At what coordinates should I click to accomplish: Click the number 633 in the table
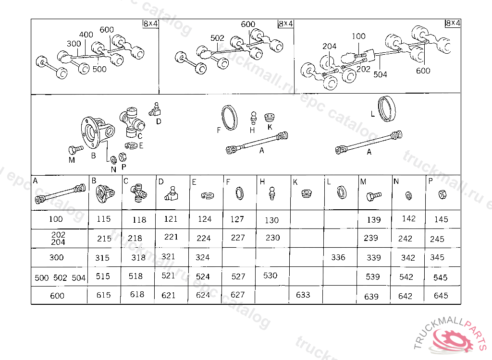coord(303,295)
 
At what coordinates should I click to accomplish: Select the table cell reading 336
coord(338,257)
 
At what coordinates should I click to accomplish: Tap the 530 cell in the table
coord(271,276)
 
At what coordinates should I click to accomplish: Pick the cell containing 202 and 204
coord(58,239)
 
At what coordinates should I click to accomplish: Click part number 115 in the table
coord(103,219)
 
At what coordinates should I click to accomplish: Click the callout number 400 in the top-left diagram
coord(86,35)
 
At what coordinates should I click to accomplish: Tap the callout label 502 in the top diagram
coord(218,38)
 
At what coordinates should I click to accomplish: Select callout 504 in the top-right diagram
coord(380,74)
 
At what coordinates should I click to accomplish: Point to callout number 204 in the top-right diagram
coord(330,47)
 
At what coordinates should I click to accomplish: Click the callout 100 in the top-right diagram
coord(358,36)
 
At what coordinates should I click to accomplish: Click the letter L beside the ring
coord(372,114)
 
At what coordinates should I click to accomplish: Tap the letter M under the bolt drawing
coord(72,160)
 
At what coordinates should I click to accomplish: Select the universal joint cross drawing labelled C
coord(131,120)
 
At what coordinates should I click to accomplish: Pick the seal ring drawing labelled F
coord(229,117)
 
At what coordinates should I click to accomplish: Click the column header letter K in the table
coord(295,181)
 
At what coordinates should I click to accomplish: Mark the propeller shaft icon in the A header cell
coord(60,194)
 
